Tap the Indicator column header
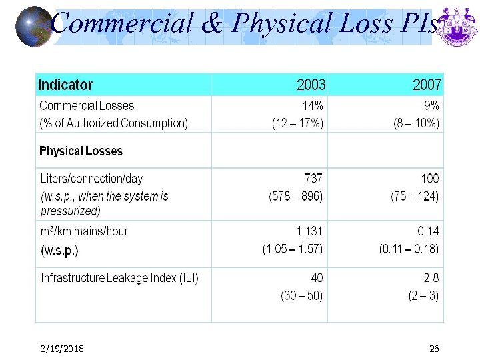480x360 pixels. [x=65, y=85]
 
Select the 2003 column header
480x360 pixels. [x=311, y=85]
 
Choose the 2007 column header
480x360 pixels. [x=427, y=85]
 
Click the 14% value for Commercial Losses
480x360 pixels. [x=312, y=105]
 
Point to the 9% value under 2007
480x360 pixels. [x=431, y=105]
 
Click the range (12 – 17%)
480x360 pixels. [x=297, y=123]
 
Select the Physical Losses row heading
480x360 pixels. [x=81, y=151]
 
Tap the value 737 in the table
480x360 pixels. [x=313, y=179]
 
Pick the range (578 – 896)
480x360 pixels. [x=295, y=196]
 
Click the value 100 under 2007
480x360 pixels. [x=430, y=179]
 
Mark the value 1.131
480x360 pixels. [x=309, y=231]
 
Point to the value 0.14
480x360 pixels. [x=428, y=231]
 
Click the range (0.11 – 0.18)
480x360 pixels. [x=409, y=249]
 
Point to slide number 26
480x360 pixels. [x=434, y=349]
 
